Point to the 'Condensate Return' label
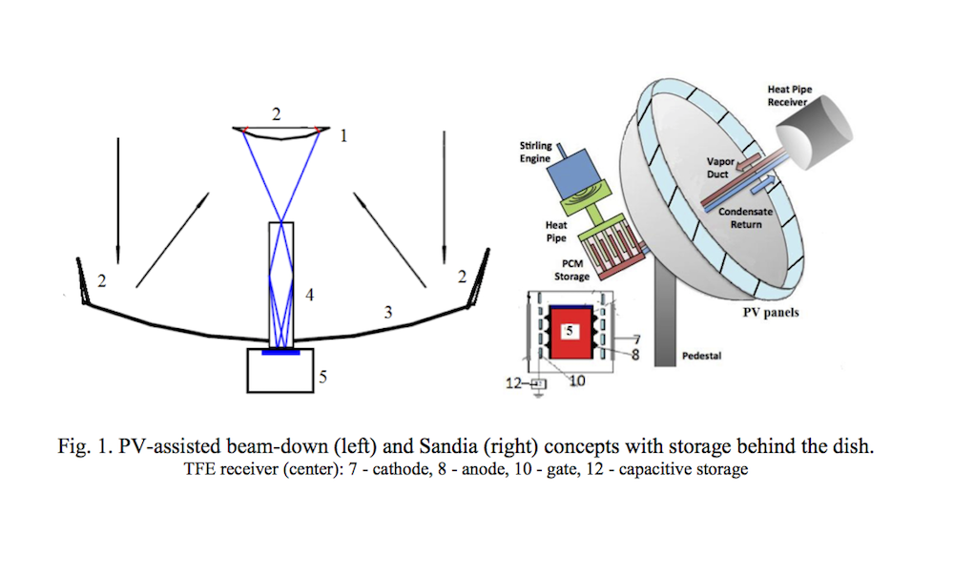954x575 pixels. click(745, 217)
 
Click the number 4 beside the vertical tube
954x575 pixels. click(309, 296)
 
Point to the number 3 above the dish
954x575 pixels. click(387, 311)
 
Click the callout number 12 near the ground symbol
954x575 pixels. click(513, 383)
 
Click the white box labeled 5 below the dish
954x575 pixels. click(282, 370)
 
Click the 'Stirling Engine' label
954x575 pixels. click(535, 152)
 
